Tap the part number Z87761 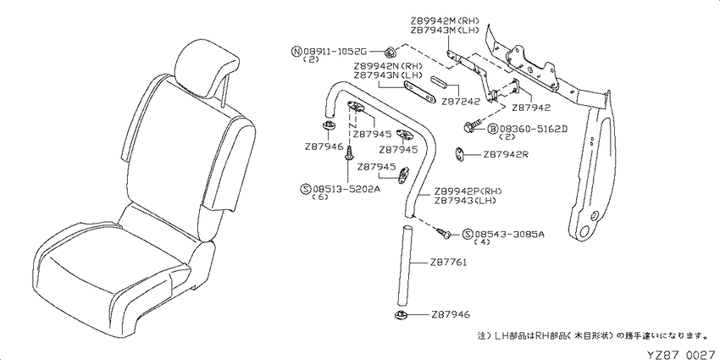tap(449, 263)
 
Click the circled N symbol tap(296, 51)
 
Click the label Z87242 tap(461, 102)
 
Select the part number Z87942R tap(506, 155)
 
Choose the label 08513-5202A tap(347, 188)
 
